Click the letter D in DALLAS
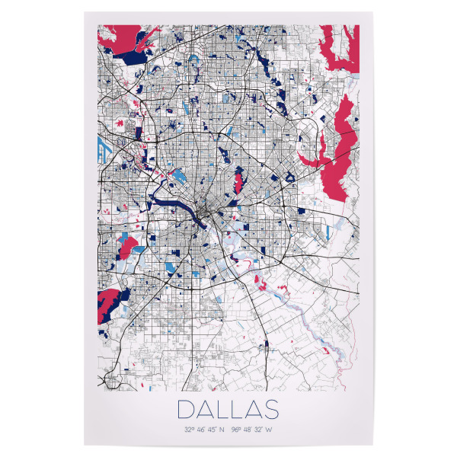[186, 409]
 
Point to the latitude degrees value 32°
[188, 429]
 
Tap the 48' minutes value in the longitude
[248, 429]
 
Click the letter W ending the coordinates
[270, 429]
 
